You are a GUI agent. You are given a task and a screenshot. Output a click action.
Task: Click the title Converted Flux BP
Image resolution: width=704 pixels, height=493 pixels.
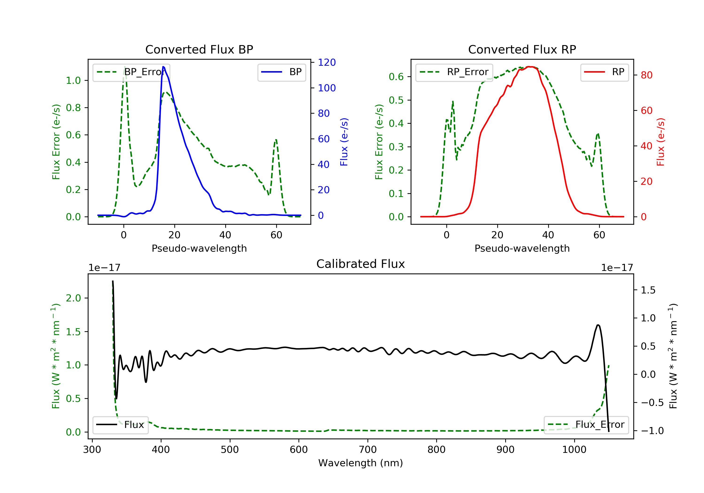point(199,49)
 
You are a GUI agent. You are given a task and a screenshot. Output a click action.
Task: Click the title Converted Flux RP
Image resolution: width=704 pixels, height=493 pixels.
point(522,49)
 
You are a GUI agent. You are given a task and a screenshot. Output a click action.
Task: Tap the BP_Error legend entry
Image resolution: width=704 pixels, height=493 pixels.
point(131,72)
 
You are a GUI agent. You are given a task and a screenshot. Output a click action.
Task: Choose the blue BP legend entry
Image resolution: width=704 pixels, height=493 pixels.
point(281,72)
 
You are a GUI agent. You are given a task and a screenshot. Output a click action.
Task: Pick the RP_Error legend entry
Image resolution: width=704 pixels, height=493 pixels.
point(454,72)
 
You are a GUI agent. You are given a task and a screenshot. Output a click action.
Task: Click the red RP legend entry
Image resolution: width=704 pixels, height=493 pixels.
point(604,72)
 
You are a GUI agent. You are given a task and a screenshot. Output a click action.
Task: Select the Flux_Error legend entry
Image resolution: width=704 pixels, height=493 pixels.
point(586,425)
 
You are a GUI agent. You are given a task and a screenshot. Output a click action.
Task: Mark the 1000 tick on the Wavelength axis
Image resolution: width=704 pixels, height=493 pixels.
point(574,450)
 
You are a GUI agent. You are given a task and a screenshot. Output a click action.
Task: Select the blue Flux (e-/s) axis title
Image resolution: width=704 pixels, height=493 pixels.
point(344,142)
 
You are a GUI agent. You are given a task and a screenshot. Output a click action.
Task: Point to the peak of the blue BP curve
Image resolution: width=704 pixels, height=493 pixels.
point(163,67)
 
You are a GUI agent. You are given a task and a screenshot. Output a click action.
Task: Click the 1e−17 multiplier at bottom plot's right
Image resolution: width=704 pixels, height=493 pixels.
point(617,268)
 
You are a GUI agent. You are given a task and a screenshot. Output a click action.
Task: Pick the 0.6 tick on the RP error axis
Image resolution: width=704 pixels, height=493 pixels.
point(396,77)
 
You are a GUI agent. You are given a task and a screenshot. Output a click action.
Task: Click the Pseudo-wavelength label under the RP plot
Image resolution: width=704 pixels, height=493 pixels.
point(522,248)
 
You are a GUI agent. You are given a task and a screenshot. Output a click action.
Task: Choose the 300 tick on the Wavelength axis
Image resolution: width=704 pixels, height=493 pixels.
point(92,450)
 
